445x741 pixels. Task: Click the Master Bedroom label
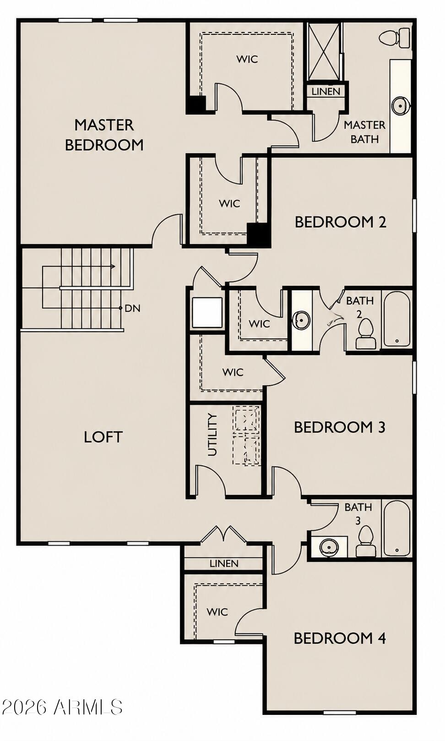tap(104, 135)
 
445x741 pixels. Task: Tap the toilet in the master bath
tap(395, 38)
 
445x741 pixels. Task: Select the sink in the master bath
tap(401, 106)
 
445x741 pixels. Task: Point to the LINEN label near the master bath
tap(326, 92)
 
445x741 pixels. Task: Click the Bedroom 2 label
tap(341, 222)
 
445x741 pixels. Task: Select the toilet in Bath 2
tap(366, 333)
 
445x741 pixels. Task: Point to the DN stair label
tap(133, 308)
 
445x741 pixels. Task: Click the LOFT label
tap(103, 437)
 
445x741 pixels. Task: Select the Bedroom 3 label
tap(340, 427)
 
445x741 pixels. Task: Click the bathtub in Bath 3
tap(397, 529)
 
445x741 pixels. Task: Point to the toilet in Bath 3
tap(366, 541)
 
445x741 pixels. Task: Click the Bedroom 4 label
tap(340, 638)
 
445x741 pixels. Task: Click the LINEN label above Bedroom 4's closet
tap(224, 563)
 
